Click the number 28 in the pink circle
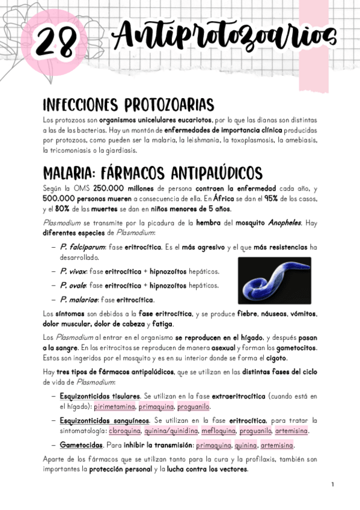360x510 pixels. point(56,41)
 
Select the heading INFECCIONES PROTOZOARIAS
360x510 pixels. point(128,105)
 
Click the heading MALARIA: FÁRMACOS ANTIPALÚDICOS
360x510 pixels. point(153,173)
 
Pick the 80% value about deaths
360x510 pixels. point(60,208)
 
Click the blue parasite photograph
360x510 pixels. point(274,280)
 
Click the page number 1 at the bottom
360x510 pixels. point(332,484)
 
